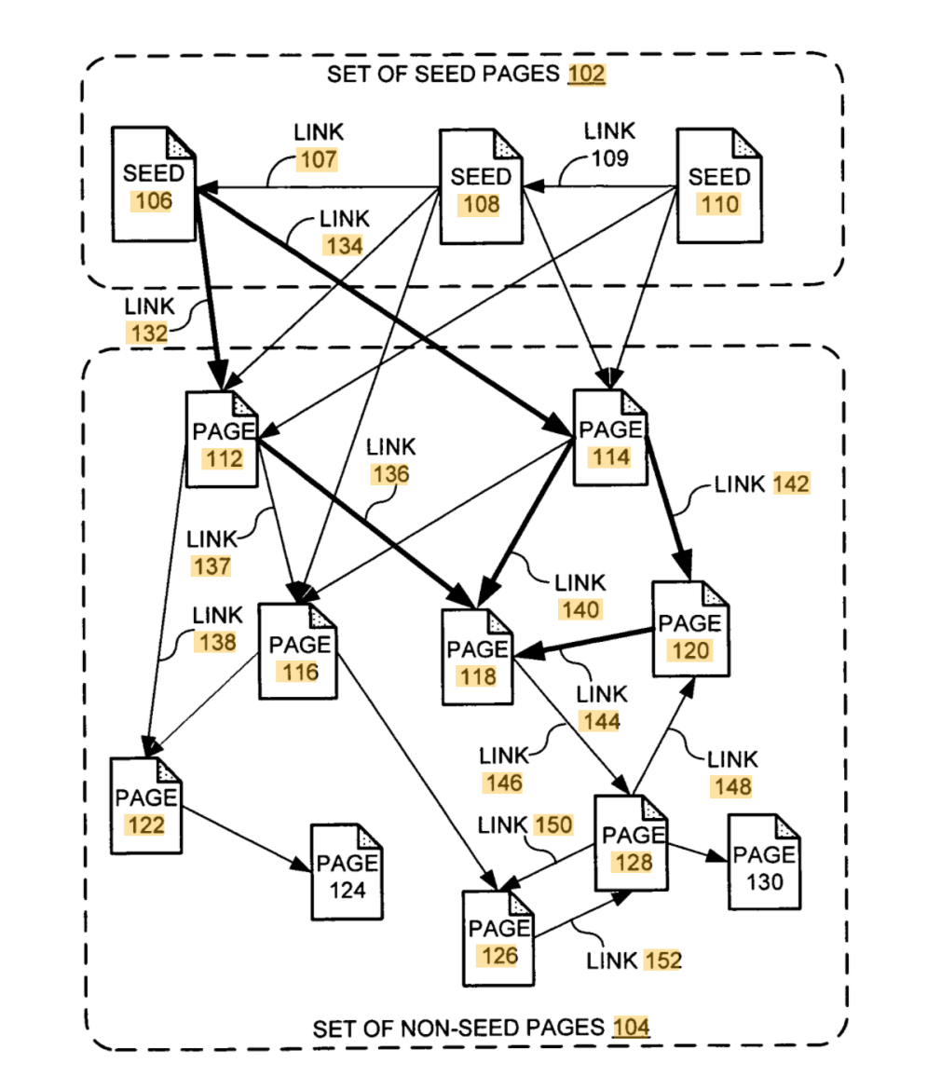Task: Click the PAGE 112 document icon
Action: coord(221,441)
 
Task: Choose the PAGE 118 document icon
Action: coord(477,658)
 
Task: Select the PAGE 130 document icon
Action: coord(762,863)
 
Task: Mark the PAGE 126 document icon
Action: coord(498,938)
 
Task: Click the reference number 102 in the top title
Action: coord(587,75)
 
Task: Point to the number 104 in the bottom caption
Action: coord(631,1028)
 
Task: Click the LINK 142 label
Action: coord(762,484)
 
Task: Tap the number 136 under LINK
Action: coord(389,473)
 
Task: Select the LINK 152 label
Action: coord(634,960)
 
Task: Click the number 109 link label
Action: coord(609,158)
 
